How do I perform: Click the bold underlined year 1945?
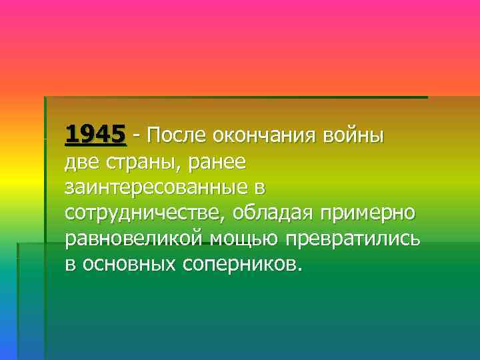[x=95, y=135]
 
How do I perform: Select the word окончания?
[x=265, y=137]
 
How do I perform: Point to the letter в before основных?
[x=70, y=265]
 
